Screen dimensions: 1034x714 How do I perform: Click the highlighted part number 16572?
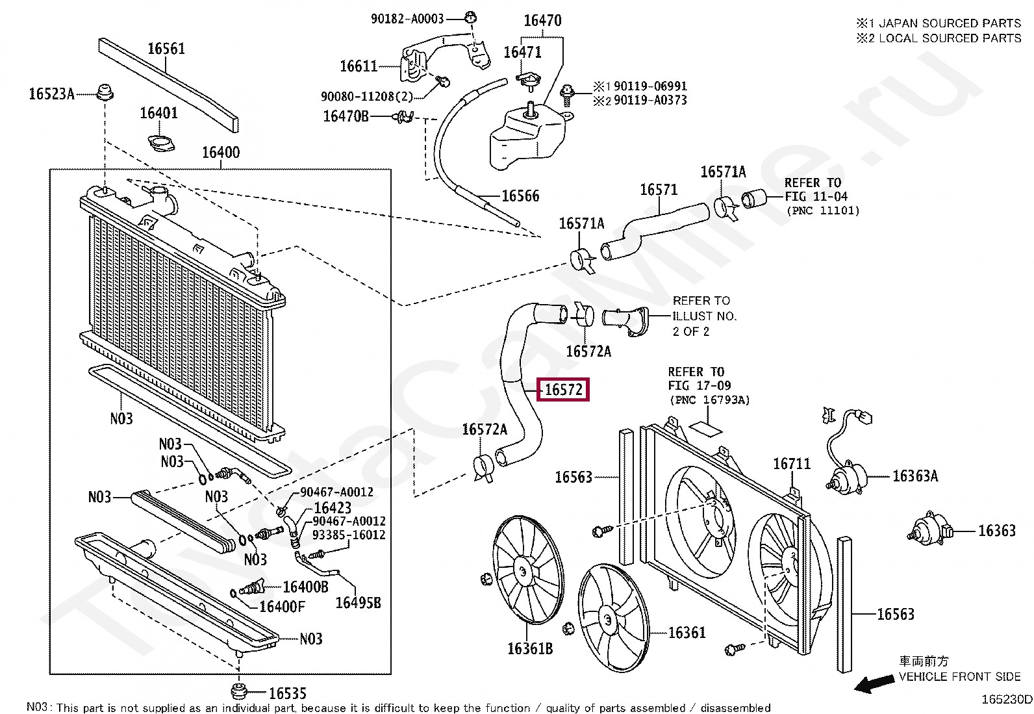(x=563, y=389)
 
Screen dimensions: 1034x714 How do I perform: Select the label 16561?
(x=166, y=49)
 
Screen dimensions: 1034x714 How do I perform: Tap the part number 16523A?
(x=52, y=94)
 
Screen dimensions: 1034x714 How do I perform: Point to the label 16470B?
(x=346, y=116)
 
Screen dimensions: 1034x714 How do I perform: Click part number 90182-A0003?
(x=407, y=18)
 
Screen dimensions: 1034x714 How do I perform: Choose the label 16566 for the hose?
(x=520, y=196)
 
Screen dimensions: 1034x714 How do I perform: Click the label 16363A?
(x=915, y=476)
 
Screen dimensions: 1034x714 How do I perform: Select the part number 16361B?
(x=530, y=648)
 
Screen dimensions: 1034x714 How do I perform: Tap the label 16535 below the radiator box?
(x=288, y=693)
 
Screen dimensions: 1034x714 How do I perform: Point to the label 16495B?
(x=359, y=603)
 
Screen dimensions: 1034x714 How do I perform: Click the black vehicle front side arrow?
(x=874, y=683)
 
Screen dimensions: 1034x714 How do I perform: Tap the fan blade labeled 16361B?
(x=528, y=569)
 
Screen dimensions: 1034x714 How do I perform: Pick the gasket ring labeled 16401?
(x=161, y=143)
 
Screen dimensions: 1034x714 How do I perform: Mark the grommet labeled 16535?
(x=238, y=691)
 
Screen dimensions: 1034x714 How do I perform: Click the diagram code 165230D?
(x=1006, y=699)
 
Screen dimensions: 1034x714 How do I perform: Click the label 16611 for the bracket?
(x=359, y=66)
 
